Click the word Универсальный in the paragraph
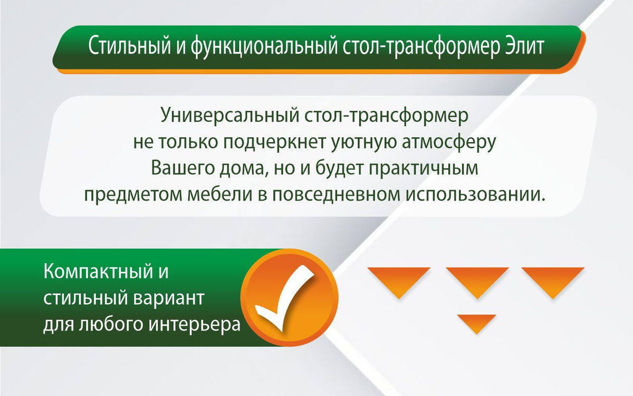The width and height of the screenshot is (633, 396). pyautogui.click(x=230, y=116)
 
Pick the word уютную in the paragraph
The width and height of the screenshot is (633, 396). pyautogui.click(x=363, y=143)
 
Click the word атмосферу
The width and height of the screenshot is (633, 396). pyautogui.click(x=449, y=142)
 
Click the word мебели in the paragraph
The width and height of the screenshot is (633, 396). pyautogui.click(x=219, y=195)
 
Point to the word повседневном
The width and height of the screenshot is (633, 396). pyautogui.click(x=337, y=195)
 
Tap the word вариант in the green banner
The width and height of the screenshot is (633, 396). pyautogui.click(x=168, y=298)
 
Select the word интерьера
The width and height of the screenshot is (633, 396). pyautogui.click(x=195, y=324)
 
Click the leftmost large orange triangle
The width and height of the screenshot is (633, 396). pyautogui.click(x=399, y=280)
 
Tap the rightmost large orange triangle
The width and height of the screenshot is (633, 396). pyautogui.click(x=553, y=280)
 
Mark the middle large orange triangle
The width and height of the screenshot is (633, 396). pyautogui.click(x=477, y=280)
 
